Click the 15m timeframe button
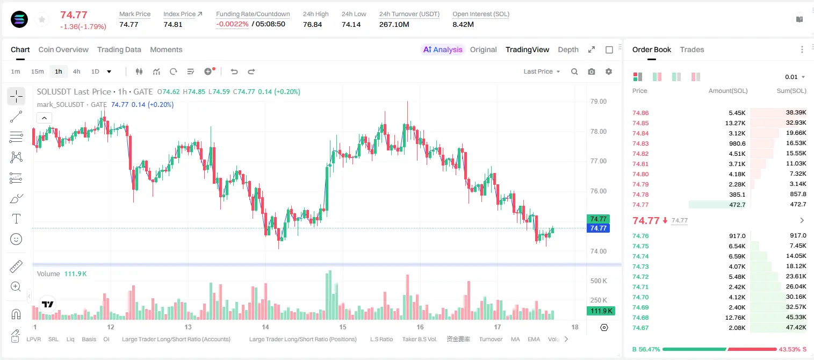38,71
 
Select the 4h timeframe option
76,71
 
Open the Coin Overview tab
63,49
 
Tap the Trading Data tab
119,49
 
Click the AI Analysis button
443,49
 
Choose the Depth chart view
568,49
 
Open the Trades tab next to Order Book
692,49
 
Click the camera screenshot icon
591,71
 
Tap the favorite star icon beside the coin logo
42,19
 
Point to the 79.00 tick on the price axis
598,102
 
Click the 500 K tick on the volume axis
599,281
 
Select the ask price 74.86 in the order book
640,113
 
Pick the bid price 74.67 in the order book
640,328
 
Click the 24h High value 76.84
313,24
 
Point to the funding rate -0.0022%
232,24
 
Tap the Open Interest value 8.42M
463,24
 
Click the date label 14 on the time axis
265,327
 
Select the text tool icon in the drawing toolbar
16,219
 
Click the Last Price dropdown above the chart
542,71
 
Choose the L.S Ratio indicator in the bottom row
381,339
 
